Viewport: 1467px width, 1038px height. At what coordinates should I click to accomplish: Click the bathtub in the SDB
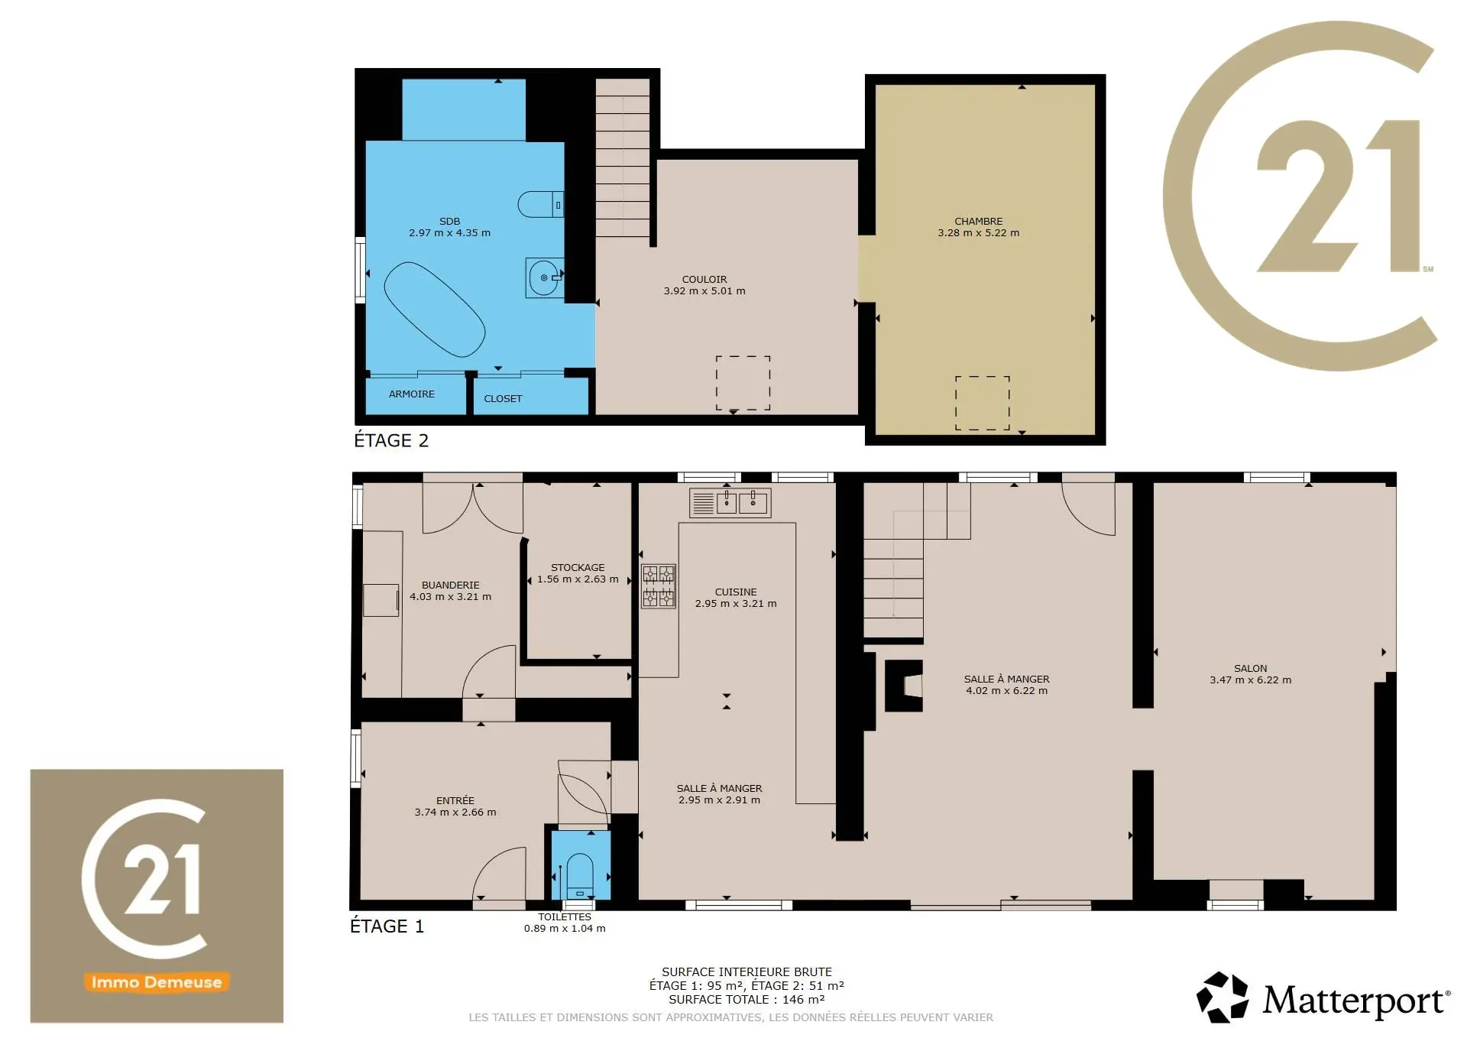click(434, 310)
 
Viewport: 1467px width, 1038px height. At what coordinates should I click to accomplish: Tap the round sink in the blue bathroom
click(545, 277)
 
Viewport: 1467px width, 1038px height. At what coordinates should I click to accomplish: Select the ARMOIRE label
click(412, 394)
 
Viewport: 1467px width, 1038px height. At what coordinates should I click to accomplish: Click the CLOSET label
click(503, 399)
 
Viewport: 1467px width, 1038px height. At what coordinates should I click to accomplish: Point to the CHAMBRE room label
click(978, 222)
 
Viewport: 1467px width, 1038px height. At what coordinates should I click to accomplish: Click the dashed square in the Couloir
click(743, 356)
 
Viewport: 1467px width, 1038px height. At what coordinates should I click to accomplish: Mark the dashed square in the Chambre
click(983, 377)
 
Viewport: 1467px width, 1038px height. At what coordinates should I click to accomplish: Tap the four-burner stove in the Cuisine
click(659, 586)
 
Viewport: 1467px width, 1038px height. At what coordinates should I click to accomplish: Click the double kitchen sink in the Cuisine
click(730, 503)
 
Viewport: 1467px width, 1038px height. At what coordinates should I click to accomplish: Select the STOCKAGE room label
click(578, 568)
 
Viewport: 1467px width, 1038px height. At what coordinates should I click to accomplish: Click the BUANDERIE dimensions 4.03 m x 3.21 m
click(451, 597)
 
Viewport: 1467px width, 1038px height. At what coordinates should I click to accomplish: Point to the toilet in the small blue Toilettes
click(580, 876)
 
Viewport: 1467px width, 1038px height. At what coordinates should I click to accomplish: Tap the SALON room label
click(1251, 669)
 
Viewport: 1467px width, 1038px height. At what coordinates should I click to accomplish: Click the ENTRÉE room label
click(455, 801)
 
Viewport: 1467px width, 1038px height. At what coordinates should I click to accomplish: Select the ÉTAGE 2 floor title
click(391, 441)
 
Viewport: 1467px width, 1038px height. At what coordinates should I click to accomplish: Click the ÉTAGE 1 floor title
click(387, 926)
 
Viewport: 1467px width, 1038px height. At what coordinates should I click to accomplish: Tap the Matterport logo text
click(1356, 1000)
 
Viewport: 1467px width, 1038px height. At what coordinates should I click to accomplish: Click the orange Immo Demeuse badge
click(157, 982)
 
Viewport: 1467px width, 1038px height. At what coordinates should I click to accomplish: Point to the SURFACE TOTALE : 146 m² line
click(746, 1000)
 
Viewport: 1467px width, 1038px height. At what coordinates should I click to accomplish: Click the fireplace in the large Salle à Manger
click(904, 686)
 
